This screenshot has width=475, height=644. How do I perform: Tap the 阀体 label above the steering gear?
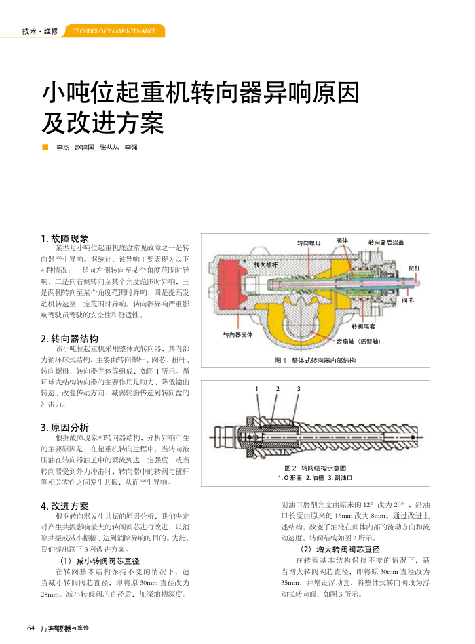[342, 241]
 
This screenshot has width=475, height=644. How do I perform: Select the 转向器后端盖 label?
[386, 242]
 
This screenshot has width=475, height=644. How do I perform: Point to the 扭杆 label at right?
[414, 269]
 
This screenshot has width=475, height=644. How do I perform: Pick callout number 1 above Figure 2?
[256, 389]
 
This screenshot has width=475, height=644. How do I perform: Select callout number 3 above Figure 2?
[299, 389]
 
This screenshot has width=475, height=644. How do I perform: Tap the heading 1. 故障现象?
[65, 238]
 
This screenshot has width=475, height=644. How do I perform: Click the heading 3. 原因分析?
[65, 427]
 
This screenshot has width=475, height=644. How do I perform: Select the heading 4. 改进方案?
[65, 506]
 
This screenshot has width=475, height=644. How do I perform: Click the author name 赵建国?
[84, 147]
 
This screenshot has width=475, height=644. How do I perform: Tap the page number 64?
[31, 628]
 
